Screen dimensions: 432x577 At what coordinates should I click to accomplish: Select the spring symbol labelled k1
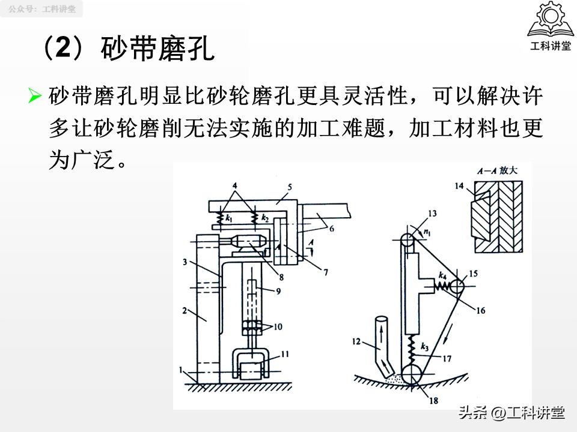[229, 217]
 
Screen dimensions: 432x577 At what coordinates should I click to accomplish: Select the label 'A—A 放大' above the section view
[496, 171]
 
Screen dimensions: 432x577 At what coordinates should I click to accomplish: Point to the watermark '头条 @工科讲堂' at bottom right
[511, 413]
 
